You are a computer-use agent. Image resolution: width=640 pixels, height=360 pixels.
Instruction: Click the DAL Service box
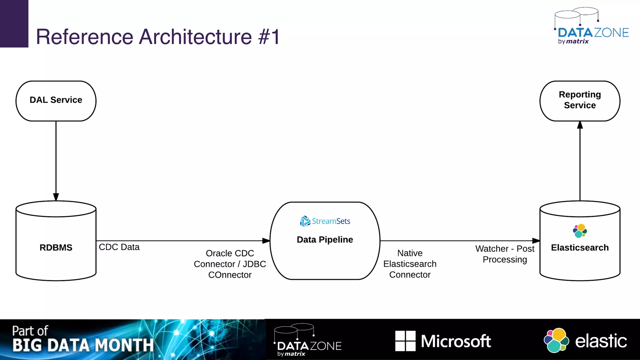[x=56, y=101]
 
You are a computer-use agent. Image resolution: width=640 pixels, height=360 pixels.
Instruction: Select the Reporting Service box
[x=580, y=101]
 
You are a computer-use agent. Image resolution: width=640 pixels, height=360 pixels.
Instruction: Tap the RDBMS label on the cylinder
[x=56, y=247]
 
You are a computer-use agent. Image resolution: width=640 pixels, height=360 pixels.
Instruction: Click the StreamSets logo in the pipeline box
[x=325, y=221]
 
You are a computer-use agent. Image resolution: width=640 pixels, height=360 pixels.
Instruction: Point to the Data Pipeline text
[x=325, y=240]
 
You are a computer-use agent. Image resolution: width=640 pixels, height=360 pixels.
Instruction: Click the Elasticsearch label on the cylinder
[x=580, y=247]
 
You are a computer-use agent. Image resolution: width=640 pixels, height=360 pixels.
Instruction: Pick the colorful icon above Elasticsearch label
[x=580, y=231]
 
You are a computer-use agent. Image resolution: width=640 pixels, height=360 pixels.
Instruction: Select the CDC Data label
[x=119, y=247]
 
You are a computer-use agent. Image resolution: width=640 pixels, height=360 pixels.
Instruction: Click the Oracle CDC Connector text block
[x=230, y=264]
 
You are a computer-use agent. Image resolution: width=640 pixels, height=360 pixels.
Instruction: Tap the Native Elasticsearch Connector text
[x=410, y=264]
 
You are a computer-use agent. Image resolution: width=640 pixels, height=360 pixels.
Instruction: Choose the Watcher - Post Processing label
[x=505, y=254]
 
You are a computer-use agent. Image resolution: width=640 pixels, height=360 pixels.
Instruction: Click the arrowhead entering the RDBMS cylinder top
[x=56, y=197]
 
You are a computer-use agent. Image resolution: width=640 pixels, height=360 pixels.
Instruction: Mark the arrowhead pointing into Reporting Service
[x=580, y=125]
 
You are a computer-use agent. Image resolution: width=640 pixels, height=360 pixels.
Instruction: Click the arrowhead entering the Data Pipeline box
[x=266, y=241]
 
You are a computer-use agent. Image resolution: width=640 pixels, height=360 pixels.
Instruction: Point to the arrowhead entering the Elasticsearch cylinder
[x=536, y=241]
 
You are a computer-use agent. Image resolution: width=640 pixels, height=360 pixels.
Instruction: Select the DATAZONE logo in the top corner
[x=592, y=27]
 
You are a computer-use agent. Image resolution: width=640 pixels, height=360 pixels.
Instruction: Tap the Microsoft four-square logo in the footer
[x=405, y=341]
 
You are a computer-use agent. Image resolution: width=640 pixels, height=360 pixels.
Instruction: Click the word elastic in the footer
[x=601, y=341]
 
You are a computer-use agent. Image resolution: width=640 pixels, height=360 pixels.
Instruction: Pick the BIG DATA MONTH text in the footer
[x=83, y=345]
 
